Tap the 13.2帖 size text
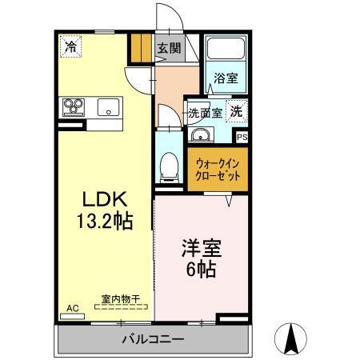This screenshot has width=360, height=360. [104, 220]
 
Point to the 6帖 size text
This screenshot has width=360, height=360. [200, 269]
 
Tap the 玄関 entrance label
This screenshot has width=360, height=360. [169, 47]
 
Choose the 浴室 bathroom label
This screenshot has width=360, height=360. [226, 78]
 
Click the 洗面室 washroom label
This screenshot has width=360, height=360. [205, 113]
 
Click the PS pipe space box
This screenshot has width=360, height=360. [242, 137]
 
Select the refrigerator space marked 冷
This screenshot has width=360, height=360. [71, 47]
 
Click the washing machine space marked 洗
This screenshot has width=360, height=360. [238, 112]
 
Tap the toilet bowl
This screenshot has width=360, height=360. [169, 166]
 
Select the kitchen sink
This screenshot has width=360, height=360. [108, 106]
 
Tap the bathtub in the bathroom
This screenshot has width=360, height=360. [226, 52]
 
